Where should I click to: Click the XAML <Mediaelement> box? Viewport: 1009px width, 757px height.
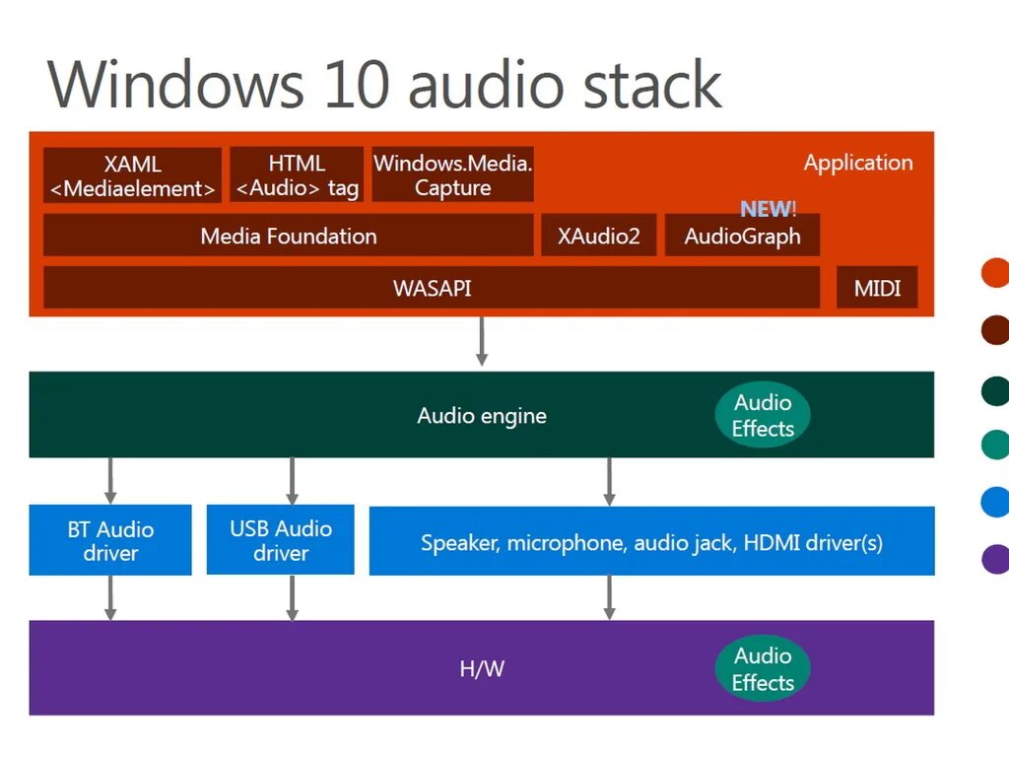132,176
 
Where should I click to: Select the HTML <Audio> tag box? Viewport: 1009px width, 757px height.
297,175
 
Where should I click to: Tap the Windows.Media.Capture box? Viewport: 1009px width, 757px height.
452,175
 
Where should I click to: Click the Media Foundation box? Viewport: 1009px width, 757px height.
288,237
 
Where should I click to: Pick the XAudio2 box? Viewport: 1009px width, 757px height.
598,237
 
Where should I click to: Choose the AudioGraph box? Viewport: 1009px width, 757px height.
742,237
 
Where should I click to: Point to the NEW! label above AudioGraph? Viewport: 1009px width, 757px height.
768,209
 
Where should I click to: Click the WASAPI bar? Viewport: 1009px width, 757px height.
432,288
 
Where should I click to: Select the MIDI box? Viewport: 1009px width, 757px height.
877,288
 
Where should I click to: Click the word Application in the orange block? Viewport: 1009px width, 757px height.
858,163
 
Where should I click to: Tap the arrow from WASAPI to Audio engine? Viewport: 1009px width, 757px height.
482,341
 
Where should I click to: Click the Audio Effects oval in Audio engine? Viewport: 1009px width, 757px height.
763,415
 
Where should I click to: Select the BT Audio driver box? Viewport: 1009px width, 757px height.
110,540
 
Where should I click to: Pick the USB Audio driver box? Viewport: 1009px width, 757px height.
281,540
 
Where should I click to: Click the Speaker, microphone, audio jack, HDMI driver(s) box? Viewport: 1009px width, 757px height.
651,541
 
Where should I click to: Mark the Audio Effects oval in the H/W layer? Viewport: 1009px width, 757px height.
763,669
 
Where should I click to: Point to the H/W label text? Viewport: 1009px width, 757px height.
482,669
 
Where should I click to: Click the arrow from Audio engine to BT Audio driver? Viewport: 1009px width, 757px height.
110,480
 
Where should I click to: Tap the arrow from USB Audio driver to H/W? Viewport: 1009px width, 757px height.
292,597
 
